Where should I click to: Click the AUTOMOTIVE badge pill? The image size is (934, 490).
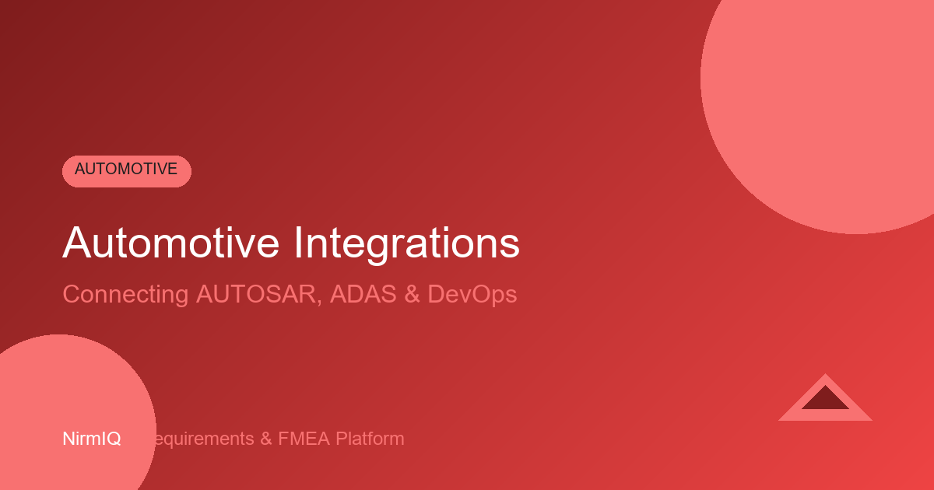(126, 170)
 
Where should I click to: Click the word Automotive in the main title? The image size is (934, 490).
(170, 243)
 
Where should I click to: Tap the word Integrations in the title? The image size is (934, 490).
(406, 243)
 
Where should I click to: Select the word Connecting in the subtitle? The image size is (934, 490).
(125, 295)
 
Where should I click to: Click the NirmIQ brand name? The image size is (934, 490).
(91, 439)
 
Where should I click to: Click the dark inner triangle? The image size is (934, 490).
(825, 401)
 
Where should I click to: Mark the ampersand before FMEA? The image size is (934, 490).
(265, 439)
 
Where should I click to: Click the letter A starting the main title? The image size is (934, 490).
(76, 243)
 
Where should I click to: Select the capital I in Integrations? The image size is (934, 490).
(299, 243)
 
